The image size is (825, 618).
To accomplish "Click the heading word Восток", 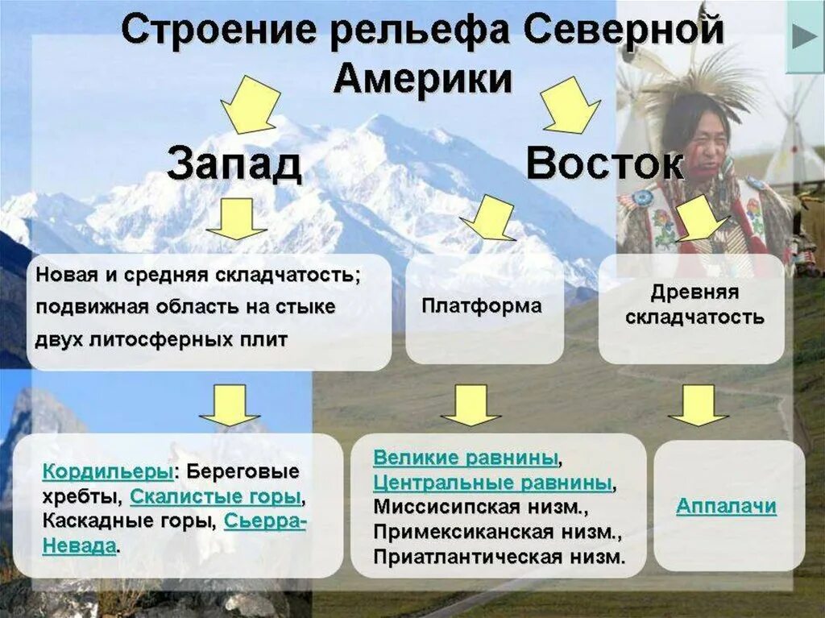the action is (605, 164).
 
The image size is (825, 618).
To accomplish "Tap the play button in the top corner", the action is (804, 36).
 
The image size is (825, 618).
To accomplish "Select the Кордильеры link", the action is (106, 471).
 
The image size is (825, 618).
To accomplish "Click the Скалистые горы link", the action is (215, 496).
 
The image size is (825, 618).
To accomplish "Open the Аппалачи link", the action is (726, 506).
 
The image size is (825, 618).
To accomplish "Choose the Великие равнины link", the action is (465, 458).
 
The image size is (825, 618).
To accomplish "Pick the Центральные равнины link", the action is (492, 483).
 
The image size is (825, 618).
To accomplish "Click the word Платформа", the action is (482, 306).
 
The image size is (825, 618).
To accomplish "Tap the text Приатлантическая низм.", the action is (499, 557).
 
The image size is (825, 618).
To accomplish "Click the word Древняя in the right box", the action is (694, 292).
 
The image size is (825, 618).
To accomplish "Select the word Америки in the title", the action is (422, 79).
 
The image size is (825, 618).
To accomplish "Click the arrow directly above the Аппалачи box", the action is (698, 404).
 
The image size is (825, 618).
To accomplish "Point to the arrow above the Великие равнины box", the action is (471, 404).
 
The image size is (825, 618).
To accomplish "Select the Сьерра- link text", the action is (265, 521).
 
